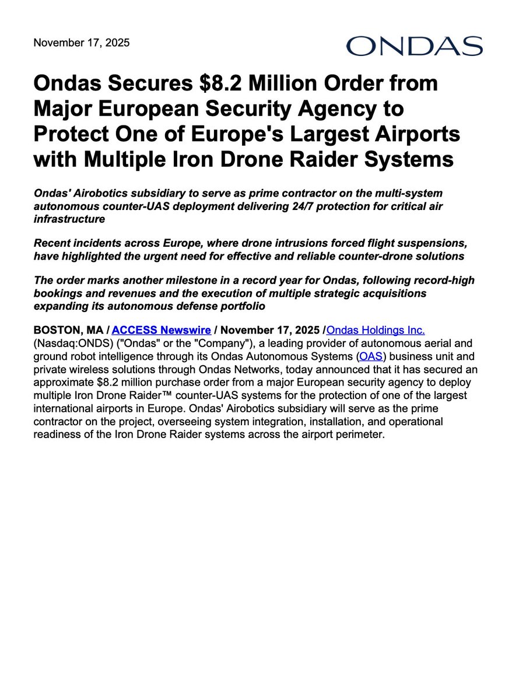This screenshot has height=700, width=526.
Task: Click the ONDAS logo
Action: (414, 46)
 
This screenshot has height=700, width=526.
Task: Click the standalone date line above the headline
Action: (82, 43)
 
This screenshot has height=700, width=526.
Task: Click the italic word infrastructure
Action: (69, 219)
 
